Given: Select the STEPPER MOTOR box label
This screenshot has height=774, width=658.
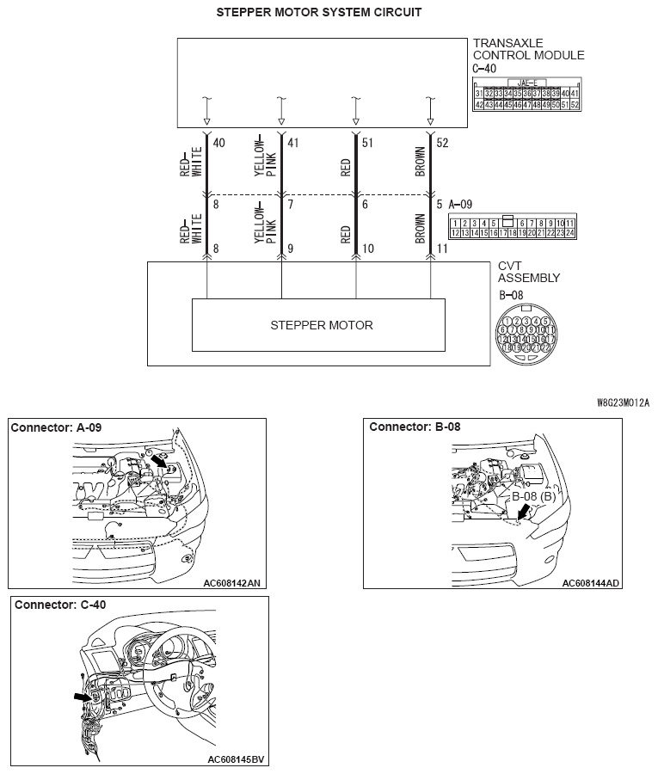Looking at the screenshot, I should click(x=322, y=325).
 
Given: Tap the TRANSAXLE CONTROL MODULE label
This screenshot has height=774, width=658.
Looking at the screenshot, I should click(x=528, y=49).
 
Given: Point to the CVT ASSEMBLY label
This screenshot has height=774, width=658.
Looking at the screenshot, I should click(x=529, y=272).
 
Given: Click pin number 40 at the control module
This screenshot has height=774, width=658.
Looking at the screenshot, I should click(x=218, y=143).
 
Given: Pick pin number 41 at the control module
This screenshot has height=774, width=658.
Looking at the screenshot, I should click(x=292, y=143).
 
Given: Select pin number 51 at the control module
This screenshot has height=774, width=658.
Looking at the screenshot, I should click(x=367, y=143).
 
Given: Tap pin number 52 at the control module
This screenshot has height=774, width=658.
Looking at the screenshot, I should click(x=442, y=143).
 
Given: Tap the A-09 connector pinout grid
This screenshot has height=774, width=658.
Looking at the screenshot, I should click(x=512, y=226).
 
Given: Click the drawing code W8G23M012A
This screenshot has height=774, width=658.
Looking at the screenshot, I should click(x=624, y=402).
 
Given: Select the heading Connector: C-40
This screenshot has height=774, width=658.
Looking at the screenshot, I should click(x=60, y=605).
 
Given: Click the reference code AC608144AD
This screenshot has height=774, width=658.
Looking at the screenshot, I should click(x=591, y=582).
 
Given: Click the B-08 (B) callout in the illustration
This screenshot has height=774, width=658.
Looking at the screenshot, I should click(x=533, y=496).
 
